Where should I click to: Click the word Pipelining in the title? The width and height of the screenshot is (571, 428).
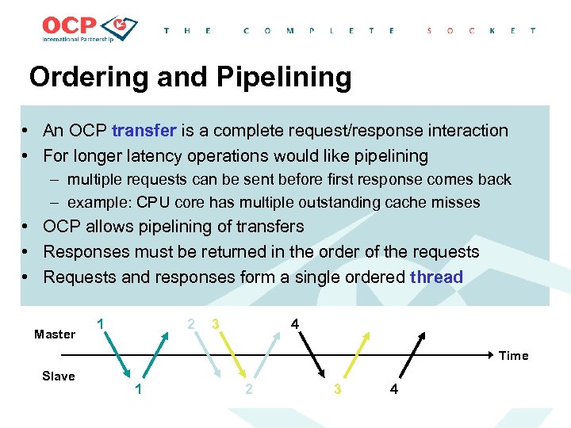281,77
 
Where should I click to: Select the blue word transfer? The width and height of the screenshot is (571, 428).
146,131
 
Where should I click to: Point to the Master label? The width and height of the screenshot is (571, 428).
55,334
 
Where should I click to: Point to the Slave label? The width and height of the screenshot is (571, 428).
58,376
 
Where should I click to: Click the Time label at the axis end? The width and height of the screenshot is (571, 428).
513,356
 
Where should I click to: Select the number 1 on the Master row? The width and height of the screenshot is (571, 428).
100,324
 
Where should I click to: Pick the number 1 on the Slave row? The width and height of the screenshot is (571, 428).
139,389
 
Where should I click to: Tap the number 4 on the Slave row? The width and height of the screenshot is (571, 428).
394,389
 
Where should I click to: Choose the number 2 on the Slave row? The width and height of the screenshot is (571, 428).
249,389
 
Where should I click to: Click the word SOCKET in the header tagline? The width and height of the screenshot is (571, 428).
481,31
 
